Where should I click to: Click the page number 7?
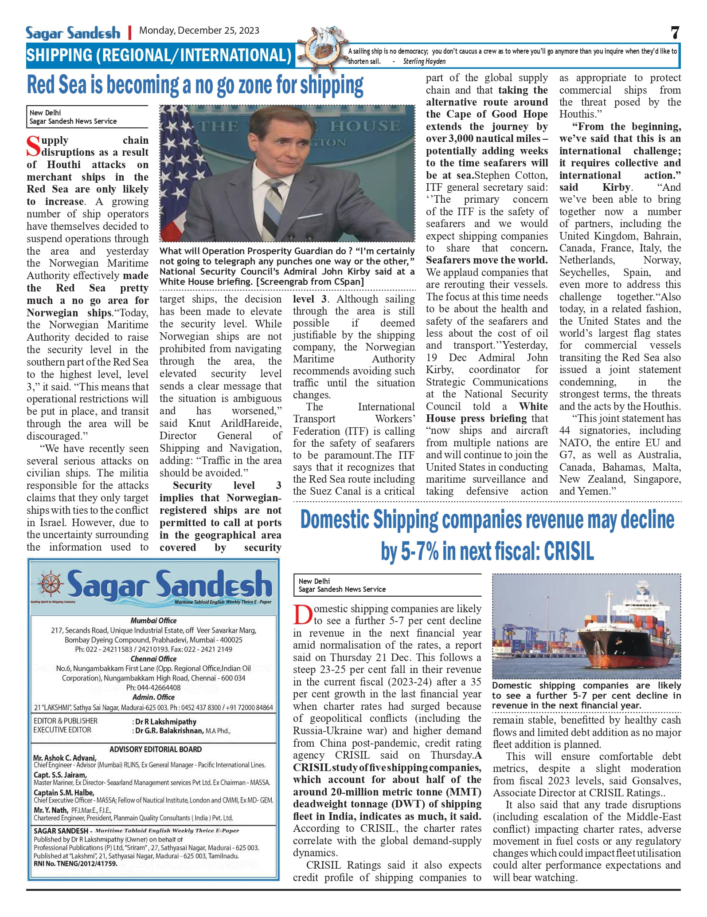click(x=675, y=32)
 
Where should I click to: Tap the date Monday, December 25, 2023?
click(x=199, y=31)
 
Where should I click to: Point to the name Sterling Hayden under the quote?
click(x=424, y=62)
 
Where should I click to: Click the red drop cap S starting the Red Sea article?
click(x=33, y=146)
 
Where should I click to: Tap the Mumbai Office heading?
click(x=153, y=621)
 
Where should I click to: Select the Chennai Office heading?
click(x=153, y=659)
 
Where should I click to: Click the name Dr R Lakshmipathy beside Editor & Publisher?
click(x=166, y=722)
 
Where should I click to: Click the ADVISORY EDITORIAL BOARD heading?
click(x=156, y=749)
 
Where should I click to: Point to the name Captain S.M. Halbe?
click(x=64, y=792)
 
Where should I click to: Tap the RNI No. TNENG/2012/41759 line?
click(x=75, y=864)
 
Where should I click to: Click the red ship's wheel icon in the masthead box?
click(x=51, y=584)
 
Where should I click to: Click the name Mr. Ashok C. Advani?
click(x=65, y=758)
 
